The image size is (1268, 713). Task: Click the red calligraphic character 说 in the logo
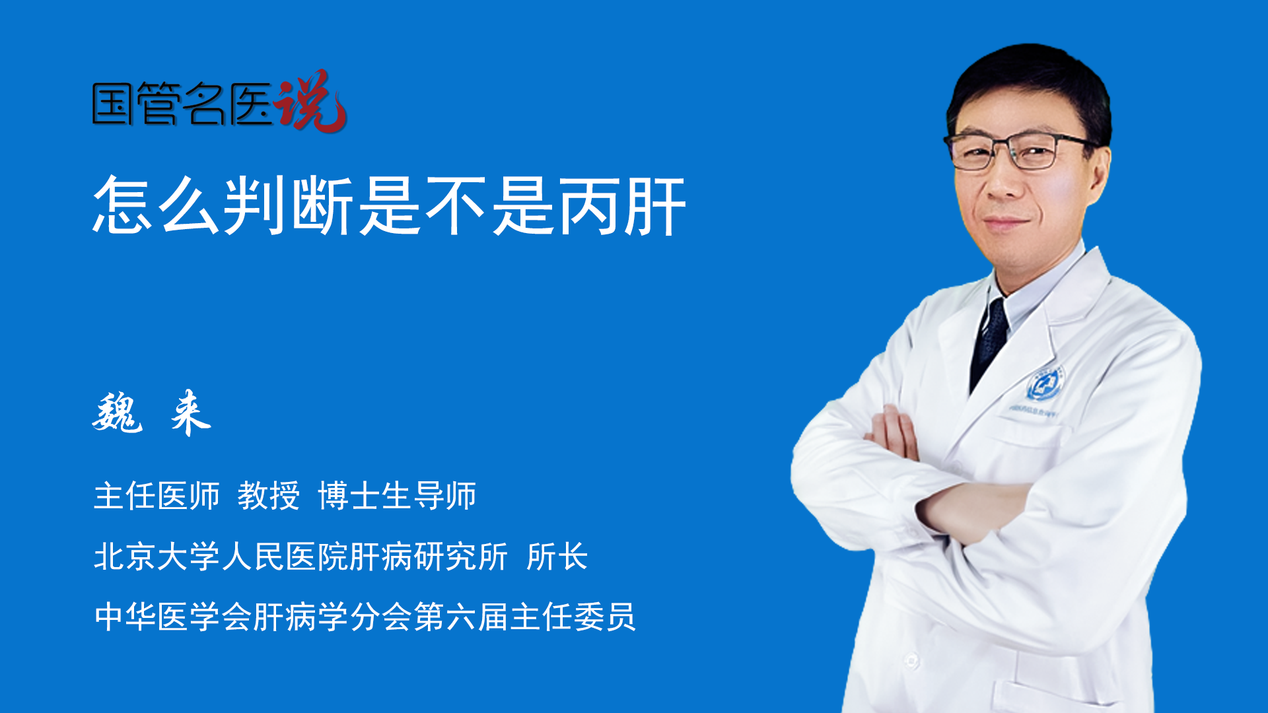click(x=310, y=101)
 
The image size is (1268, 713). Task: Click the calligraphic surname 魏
click(x=118, y=413)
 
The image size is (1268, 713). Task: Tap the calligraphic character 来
click(x=191, y=413)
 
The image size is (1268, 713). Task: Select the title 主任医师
click(x=157, y=496)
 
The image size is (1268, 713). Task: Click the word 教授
click(x=269, y=496)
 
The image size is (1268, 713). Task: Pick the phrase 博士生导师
click(x=397, y=496)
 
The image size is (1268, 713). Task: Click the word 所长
click(x=557, y=557)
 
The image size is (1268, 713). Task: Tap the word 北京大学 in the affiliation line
click(x=157, y=557)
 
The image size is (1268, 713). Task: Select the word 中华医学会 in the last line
click(x=173, y=617)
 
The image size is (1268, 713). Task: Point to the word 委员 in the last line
click(x=605, y=617)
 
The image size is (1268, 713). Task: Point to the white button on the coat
click(x=911, y=660)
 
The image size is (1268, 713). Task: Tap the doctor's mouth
click(x=1005, y=222)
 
